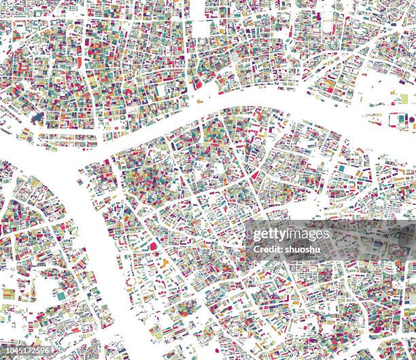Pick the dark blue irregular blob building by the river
coord(37,119)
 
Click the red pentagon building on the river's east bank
coord(153,246)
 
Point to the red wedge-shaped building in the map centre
coord(255,175)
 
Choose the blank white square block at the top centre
coord(201,29)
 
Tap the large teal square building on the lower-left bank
coord(60,296)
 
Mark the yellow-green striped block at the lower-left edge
coord(8,294)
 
